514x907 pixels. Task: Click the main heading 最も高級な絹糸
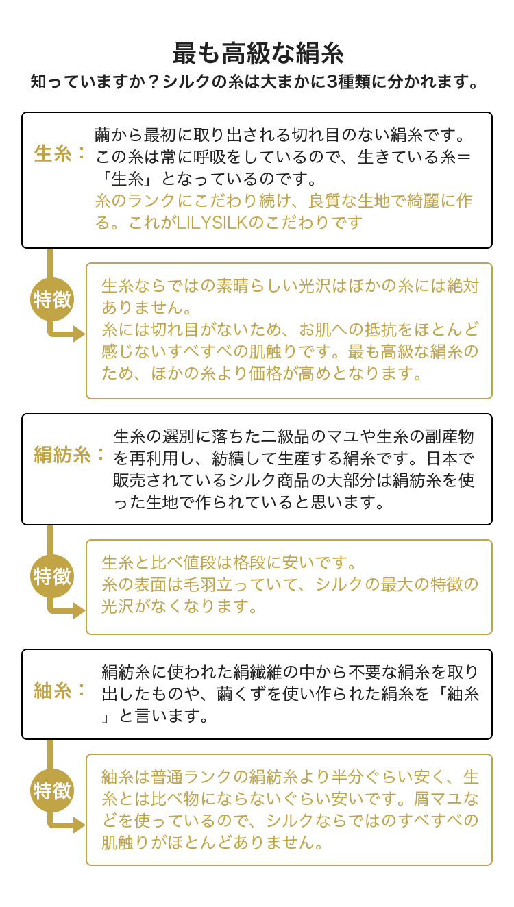coord(258,53)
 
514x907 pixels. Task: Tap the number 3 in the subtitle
coord(332,82)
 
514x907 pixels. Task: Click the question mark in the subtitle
coord(152,82)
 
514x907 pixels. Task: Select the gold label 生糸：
coord(60,153)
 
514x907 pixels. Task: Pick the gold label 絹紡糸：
coord(69,455)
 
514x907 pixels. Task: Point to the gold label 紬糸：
coord(60,691)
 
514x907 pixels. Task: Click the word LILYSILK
coord(212,223)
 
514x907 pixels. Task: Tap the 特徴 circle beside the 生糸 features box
coord(52,300)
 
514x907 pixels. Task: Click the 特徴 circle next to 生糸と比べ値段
coord(52,576)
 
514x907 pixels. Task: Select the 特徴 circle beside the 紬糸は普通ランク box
coord(52,791)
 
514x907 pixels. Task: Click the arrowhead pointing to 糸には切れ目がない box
coord(79,334)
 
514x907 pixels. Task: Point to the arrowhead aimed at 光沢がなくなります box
coord(79,610)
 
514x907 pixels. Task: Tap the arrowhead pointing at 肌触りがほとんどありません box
coord(79,825)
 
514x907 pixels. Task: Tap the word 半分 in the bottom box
coord(348,777)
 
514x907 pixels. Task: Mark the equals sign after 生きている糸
coord(464,157)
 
